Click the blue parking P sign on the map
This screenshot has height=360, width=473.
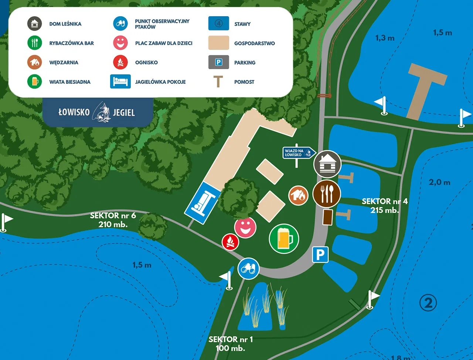pyautogui.click(x=320, y=254)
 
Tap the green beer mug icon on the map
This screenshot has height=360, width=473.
pyautogui.click(x=284, y=239)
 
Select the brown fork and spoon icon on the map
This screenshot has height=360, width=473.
pyautogui.click(x=327, y=193)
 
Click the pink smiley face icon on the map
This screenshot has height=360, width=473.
pyautogui.click(x=245, y=227)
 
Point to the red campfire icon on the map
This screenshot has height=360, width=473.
pyautogui.click(x=230, y=242)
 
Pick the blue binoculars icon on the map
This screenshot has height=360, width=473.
pyautogui.click(x=248, y=269)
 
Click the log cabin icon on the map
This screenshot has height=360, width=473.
pyautogui.click(x=327, y=164)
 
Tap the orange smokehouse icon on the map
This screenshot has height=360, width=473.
pyautogui.click(x=299, y=195)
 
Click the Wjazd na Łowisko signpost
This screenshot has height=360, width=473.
pyautogui.click(x=299, y=153)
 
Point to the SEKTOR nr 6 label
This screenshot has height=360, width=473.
pyautogui.click(x=113, y=220)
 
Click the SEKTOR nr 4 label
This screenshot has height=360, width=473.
pyautogui.click(x=385, y=206)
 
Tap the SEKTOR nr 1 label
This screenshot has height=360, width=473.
pyautogui.click(x=231, y=344)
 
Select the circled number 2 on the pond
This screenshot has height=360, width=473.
pyautogui.click(x=428, y=303)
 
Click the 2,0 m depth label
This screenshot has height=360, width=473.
pyautogui.click(x=439, y=182)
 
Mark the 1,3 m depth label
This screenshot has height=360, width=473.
pyautogui.click(x=385, y=38)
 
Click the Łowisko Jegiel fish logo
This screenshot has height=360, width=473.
pyautogui.click(x=101, y=112)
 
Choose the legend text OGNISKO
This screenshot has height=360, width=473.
pyautogui.click(x=146, y=62)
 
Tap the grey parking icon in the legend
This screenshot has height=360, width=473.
pyautogui.click(x=219, y=62)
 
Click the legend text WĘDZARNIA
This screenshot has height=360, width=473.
pyautogui.click(x=64, y=62)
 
